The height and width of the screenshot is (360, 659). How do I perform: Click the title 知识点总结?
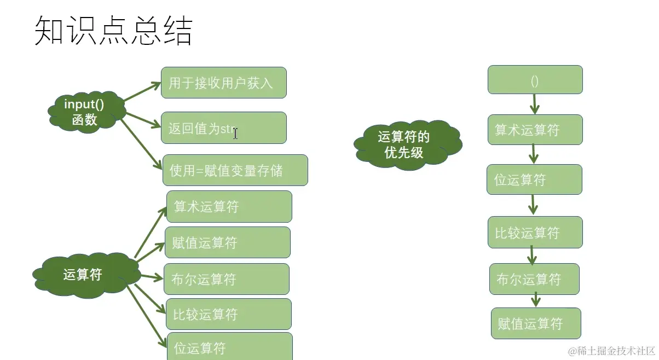click(113, 31)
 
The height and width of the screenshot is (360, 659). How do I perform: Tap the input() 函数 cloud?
click(85, 112)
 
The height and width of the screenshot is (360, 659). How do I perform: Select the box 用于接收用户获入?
click(223, 83)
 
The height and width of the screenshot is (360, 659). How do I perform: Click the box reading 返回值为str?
click(223, 128)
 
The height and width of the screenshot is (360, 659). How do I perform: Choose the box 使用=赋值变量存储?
click(235, 170)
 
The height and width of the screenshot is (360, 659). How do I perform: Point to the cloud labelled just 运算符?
click(83, 275)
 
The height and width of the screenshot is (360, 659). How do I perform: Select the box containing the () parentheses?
click(535, 80)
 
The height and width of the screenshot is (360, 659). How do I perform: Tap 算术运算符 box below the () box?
click(535, 130)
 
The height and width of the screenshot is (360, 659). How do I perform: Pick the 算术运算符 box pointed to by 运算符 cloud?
click(228, 206)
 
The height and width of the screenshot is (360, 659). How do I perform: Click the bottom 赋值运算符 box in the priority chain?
click(535, 323)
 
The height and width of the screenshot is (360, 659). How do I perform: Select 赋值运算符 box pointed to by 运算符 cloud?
click(227, 242)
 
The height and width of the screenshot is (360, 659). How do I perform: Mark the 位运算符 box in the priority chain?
click(534, 179)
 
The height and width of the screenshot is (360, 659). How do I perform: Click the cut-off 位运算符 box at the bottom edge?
click(229, 346)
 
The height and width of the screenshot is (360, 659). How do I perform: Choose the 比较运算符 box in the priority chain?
click(535, 232)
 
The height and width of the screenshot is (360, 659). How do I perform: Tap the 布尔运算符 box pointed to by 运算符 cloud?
click(227, 279)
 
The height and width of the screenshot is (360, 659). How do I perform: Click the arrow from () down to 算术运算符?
click(535, 104)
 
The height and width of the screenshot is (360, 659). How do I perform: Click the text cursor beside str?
click(235, 132)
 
